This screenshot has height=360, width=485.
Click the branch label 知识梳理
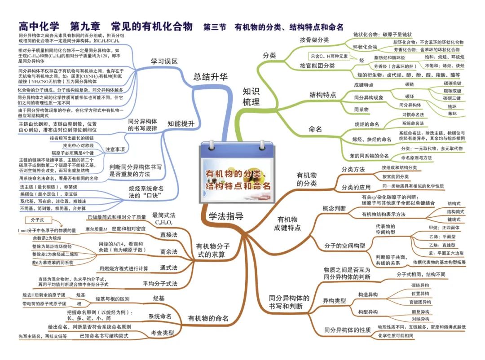click(251, 96)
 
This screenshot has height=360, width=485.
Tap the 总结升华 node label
click(211, 77)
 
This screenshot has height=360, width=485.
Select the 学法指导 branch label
click(226, 216)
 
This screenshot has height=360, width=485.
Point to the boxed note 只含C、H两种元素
click(330, 56)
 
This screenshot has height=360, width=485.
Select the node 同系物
click(362, 109)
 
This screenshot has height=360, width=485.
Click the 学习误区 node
click(164, 61)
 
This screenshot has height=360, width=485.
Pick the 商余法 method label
click(168, 251)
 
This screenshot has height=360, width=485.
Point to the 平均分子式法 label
click(160, 284)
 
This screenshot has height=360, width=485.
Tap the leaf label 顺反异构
click(420, 312)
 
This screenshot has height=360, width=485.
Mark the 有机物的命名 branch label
click(208, 318)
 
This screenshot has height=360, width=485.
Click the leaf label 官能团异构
click(420, 302)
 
